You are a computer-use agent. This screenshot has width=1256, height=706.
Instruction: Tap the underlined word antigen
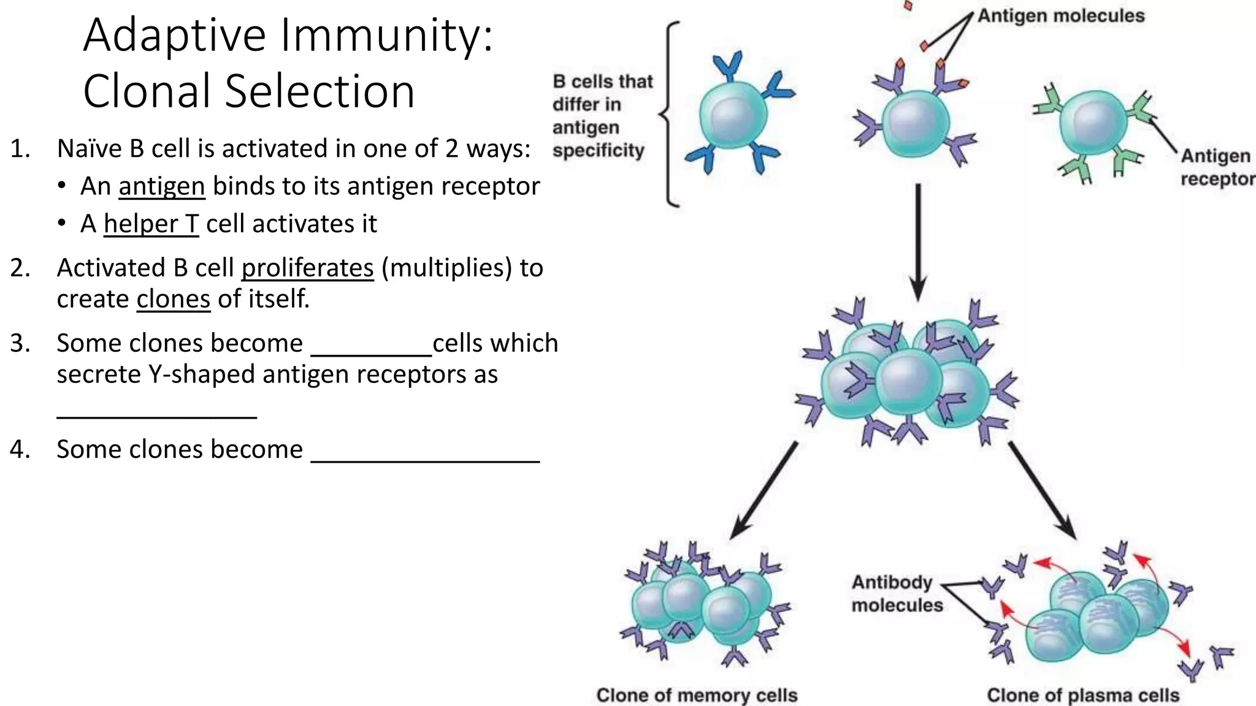[161, 186]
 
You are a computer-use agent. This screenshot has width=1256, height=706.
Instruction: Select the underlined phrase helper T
[151, 224]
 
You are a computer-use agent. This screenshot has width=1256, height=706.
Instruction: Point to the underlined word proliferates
[307, 268]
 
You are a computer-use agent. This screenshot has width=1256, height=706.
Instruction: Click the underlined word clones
[173, 299]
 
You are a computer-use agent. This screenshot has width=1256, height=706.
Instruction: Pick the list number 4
[20, 449]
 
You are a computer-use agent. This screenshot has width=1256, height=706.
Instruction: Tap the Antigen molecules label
[1060, 16]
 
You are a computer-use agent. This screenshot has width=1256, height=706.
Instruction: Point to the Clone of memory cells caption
[697, 695]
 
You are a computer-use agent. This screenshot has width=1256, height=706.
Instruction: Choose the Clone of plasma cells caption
[1082, 695]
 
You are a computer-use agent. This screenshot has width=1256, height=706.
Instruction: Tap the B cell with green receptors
[1093, 124]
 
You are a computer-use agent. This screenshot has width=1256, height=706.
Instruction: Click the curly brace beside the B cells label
[670, 114]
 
